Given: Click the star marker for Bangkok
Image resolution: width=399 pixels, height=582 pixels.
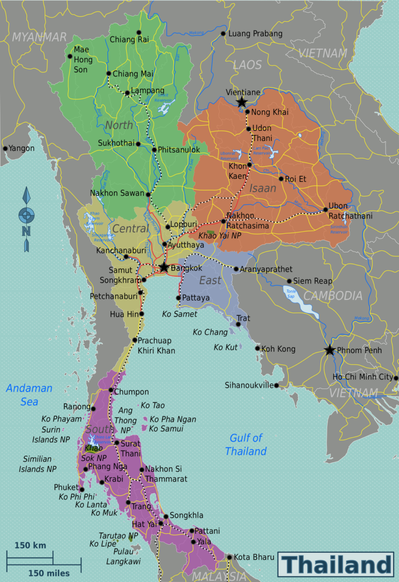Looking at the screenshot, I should coord(164,267).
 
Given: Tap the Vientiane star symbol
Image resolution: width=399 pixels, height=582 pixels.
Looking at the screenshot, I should coord(242,102).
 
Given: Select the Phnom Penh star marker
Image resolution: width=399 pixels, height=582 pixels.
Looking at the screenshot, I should coord(329,350).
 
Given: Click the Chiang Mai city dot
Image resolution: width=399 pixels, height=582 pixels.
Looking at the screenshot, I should coord(109,73).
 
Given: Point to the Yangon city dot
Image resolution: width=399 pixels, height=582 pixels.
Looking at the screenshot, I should coord(5,148).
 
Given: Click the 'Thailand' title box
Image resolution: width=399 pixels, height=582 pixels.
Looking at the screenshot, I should coord(336,564).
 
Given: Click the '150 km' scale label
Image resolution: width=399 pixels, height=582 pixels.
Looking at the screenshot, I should coord(30,545).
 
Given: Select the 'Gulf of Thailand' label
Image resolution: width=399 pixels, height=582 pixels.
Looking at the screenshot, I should coord(246,444).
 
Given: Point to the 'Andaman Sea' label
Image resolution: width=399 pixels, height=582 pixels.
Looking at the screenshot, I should coord(29,395).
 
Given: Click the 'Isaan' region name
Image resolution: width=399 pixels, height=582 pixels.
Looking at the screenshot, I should coord(262,188).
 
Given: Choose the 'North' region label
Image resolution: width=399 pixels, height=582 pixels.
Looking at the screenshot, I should coord(119,125).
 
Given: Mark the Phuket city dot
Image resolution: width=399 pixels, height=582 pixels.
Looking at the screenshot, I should coord(82,489).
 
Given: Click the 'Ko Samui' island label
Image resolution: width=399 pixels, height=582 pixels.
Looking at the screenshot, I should coord(166,429).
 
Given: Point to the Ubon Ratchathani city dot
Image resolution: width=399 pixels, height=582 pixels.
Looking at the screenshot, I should coord(326,210).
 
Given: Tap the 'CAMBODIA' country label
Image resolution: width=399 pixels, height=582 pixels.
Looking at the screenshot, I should coord(332,296).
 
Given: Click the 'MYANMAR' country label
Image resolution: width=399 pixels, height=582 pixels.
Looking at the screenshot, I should coord(39,37).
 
